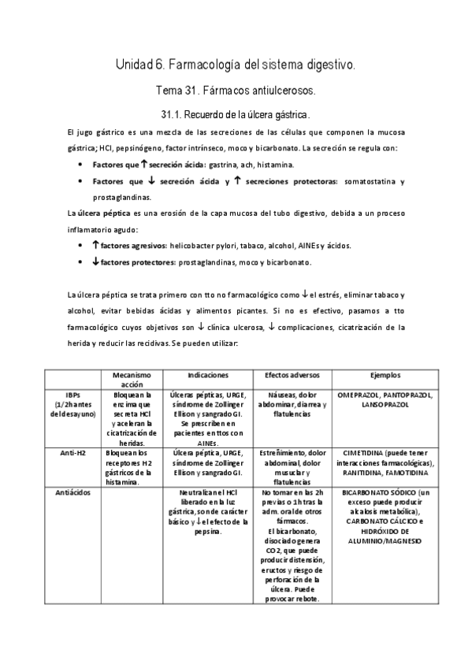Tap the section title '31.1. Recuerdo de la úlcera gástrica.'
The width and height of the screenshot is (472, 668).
tap(236, 113)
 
